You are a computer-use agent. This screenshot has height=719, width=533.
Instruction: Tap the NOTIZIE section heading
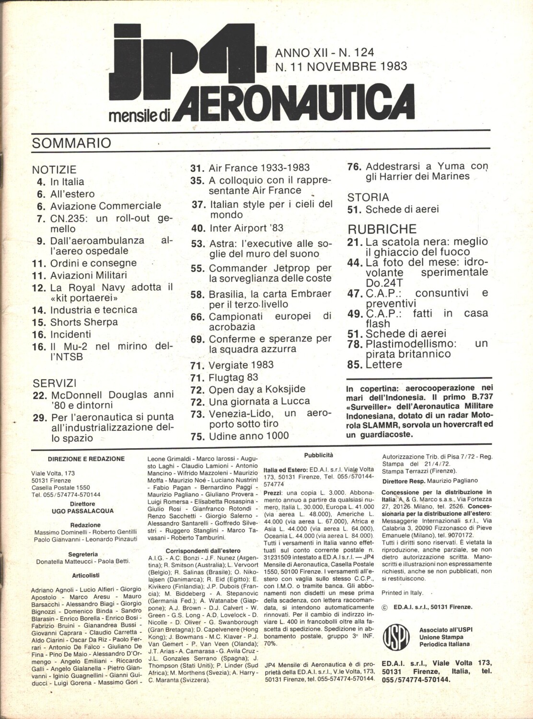(x=54, y=169)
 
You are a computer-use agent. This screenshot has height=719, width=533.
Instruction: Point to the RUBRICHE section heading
(x=382, y=229)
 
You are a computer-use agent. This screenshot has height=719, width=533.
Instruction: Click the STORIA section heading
(x=368, y=197)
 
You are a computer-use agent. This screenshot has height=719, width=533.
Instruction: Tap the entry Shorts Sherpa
(x=84, y=322)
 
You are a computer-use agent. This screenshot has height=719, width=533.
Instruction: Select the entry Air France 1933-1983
(x=259, y=168)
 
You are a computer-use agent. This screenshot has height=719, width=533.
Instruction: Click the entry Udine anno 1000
(x=248, y=436)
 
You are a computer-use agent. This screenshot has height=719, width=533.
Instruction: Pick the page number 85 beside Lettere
(x=354, y=365)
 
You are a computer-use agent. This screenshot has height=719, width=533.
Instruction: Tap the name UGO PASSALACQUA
(x=82, y=511)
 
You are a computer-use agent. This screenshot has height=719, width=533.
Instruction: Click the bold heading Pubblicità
(x=318, y=455)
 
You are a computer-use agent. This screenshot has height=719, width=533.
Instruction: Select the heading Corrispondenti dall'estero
(x=203, y=551)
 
